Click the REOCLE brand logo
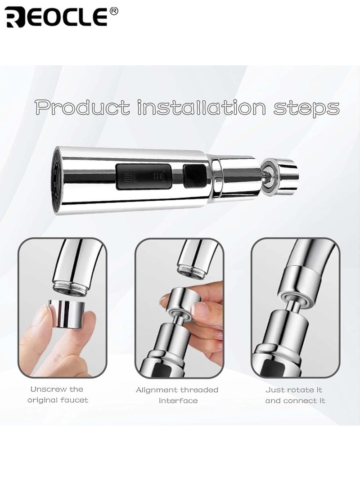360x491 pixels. point(56,17)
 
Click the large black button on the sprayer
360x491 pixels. point(144,176)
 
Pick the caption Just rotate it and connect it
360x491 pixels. point(295,395)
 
